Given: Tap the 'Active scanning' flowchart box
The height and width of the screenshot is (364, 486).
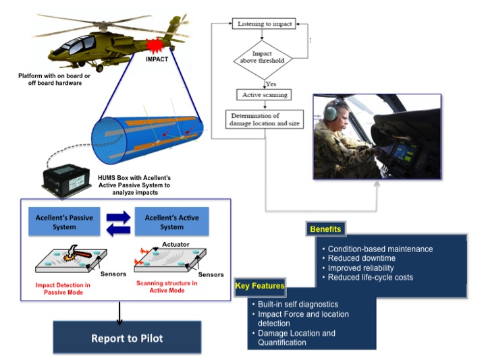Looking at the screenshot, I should pyautogui.click(x=263, y=95).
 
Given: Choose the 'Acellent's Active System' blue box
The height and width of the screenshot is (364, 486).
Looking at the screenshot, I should pyautogui.click(x=171, y=222).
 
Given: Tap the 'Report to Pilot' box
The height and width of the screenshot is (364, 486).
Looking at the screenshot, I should pyautogui.click(x=127, y=337).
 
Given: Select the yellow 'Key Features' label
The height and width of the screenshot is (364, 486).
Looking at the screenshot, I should pyautogui.click(x=260, y=286).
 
